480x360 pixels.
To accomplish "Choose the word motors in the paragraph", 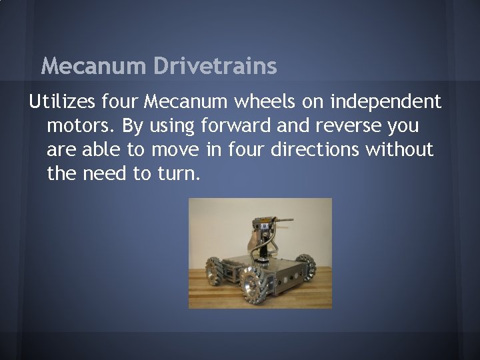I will (x=79, y=126).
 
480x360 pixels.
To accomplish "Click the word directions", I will (x=315, y=150).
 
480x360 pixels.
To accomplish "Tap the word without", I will (x=400, y=150).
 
